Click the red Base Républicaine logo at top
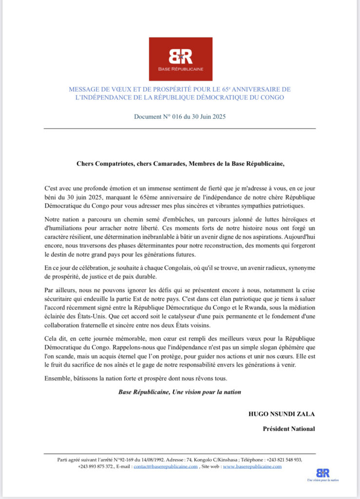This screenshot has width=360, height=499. point(180,59)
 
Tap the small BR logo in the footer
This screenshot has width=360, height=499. point(322,473)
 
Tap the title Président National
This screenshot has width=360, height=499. point(289,429)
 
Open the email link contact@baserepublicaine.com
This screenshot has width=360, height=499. point(166,466)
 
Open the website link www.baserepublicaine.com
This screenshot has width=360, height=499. point(252,466)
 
